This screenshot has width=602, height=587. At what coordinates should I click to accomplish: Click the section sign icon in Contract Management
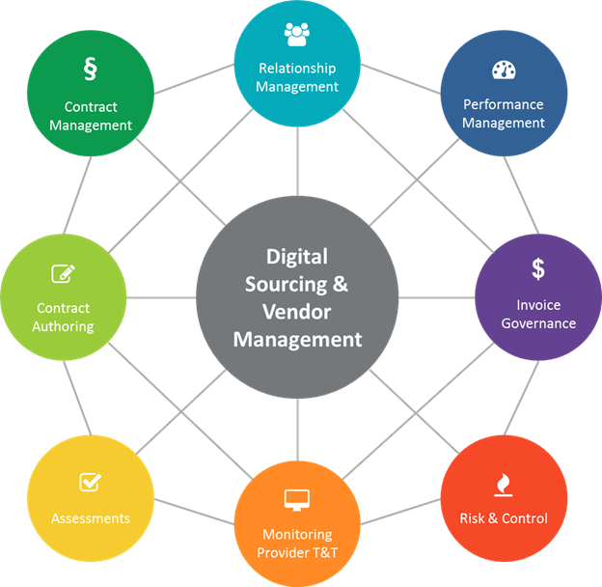coord(91,70)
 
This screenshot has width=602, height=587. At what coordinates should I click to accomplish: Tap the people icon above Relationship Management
coord(297,34)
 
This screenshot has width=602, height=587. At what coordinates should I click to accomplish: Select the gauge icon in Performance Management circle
coord(504,70)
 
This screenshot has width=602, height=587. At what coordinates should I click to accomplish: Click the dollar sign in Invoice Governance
coord(538,268)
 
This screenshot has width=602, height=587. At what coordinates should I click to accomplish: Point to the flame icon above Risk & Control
coord(504,484)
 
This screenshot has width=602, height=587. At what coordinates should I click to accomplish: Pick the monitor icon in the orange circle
coord(296,500)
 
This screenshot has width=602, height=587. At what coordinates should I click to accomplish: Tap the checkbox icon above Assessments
coord(91,481)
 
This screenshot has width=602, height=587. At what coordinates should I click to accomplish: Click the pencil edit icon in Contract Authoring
coord(64,274)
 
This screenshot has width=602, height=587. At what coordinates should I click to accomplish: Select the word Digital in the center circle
coord(297,257)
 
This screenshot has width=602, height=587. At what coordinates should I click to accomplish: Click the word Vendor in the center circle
coord(297,312)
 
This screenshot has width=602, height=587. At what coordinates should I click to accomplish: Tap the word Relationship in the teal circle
coord(297,69)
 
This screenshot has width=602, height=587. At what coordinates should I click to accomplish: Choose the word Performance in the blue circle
coord(504,104)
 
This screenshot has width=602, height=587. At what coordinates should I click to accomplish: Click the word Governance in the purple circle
coord(538,323)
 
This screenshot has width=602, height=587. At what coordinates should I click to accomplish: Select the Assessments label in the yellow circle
coord(91,518)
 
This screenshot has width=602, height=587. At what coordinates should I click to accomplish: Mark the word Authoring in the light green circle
coord(64,326)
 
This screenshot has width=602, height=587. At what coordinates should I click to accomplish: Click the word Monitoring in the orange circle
coord(297,534)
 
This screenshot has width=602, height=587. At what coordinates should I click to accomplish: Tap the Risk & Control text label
coord(504,518)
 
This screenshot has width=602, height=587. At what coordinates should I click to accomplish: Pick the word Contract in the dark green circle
coord(91,107)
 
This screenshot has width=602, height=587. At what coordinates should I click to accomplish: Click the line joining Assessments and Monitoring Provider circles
coord(193,511)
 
